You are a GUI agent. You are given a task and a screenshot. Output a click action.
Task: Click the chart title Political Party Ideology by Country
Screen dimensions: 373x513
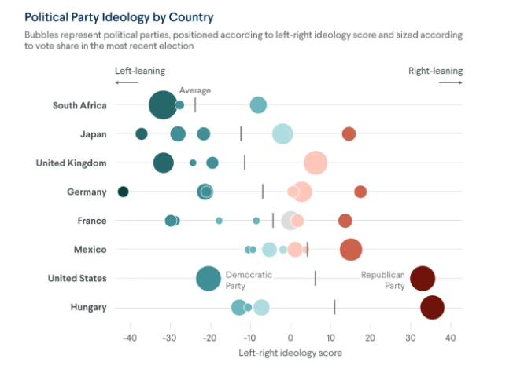click(x=119, y=16)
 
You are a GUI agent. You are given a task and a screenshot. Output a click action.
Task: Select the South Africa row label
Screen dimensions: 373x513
click(x=79, y=105)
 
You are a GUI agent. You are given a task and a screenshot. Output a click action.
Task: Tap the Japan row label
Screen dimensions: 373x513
click(x=93, y=134)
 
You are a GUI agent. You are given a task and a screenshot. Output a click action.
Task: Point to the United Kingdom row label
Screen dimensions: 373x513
click(x=71, y=163)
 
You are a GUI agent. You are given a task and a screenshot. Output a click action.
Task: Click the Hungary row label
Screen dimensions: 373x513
click(x=88, y=307)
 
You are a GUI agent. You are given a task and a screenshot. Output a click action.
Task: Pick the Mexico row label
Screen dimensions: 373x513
click(x=90, y=250)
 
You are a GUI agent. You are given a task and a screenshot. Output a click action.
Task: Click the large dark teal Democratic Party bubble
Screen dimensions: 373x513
click(x=209, y=279)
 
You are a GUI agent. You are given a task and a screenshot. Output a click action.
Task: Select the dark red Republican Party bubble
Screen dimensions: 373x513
click(x=423, y=279)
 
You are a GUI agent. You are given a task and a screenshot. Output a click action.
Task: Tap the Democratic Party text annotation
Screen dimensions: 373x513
click(x=249, y=280)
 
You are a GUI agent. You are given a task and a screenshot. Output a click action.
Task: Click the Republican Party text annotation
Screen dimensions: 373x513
click(x=382, y=280)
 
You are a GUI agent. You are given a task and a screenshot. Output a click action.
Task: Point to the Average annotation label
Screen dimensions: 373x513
click(x=195, y=90)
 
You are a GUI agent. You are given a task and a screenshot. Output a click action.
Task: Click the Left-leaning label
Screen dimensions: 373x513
click(x=140, y=71)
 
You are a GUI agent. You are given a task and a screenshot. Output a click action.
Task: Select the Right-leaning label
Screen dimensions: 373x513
click(x=435, y=71)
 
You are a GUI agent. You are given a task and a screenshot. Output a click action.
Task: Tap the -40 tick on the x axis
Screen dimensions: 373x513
click(x=129, y=338)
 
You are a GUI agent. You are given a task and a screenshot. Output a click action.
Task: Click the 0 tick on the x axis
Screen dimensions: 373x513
click(x=290, y=338)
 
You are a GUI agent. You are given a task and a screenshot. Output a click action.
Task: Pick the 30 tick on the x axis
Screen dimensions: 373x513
click(x=410, y=338)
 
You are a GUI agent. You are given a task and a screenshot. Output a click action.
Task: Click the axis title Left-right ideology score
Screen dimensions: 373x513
click(x=290, y=353)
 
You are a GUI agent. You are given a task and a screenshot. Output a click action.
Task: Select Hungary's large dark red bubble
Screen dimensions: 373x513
click(x=432, y=308)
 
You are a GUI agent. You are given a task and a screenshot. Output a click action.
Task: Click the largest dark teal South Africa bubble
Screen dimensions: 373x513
click(x=163, y=105)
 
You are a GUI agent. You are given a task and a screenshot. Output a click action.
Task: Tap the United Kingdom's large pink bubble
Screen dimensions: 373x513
click(x=316, y=163)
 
